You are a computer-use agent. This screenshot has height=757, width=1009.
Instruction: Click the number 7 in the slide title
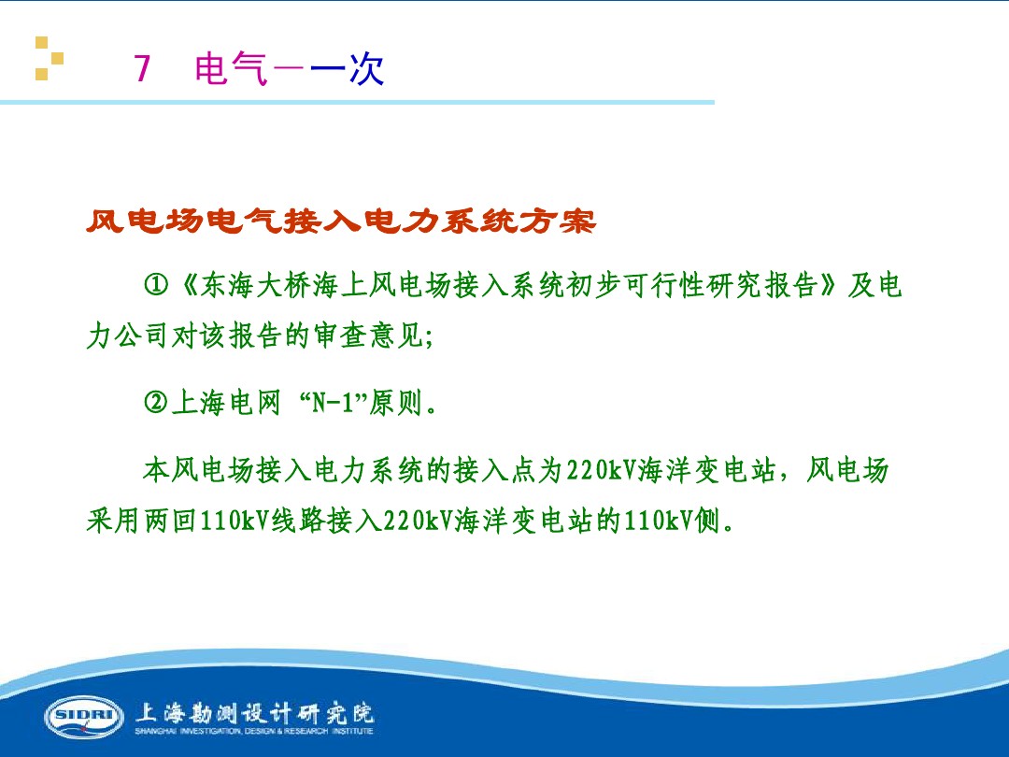(x=143, y=69)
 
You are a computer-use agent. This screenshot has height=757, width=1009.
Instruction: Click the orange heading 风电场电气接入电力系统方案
(x=341, y=222)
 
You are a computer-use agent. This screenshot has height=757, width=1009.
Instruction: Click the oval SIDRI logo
(x=84, y=716)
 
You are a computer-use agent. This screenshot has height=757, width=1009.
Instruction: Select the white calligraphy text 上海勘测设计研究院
(x=254, y=712)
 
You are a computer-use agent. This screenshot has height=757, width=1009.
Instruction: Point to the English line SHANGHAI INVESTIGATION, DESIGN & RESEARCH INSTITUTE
(x=254, y=732)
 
